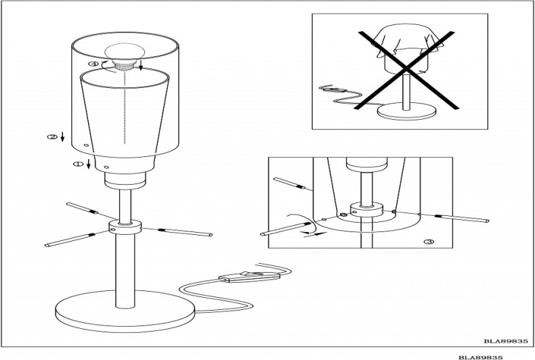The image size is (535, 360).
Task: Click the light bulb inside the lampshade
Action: click(x=125, y=53)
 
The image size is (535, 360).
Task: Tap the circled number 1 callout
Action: click(x=78, y=164)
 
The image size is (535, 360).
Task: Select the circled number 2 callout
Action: click(x=52, y=137)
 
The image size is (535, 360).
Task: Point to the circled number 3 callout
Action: click(x=429, y=242)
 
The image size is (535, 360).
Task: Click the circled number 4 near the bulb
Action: click(x=93, y=64)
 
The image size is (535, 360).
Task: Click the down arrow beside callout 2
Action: click(x=62, y=137)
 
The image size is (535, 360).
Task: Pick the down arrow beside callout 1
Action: click(x=88, y=164)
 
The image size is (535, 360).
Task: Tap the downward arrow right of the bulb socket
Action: click(x=141, y=65)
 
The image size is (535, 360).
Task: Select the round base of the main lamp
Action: click(x=125, y=311)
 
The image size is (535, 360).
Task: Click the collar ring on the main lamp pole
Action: click(x=125, y=227)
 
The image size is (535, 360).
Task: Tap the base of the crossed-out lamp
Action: click(x=406, y=112)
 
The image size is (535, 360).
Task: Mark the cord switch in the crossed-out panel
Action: click(x=333, y=89)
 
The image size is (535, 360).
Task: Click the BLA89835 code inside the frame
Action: click(x=505, y=340)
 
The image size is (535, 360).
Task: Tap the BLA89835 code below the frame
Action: click(x=480, y=357)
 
